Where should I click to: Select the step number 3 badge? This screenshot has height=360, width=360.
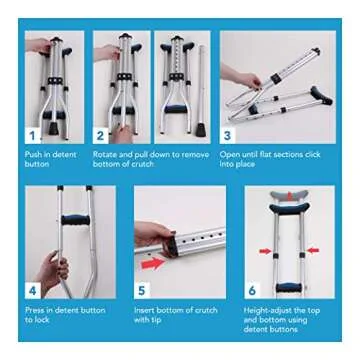click(227, 133)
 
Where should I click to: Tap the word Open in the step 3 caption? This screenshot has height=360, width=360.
click(229, 155)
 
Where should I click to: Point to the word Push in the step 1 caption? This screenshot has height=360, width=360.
click(33, 155)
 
